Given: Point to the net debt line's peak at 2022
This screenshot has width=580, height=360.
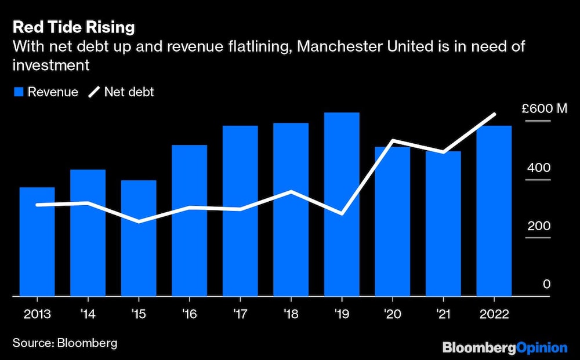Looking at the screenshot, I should coord(494,114).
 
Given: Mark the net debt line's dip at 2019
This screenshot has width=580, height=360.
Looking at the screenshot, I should coord(342,214).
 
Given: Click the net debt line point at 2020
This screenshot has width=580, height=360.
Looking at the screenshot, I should coord(393,141).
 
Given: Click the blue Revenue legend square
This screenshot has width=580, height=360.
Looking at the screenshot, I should coord(17,92).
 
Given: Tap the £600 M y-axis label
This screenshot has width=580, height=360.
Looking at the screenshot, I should coord(543,109).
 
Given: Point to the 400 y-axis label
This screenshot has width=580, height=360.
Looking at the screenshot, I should coord(539,168).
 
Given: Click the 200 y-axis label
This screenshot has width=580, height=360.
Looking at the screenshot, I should coord(539,226).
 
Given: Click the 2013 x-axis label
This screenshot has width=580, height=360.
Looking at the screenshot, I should coord(37,314).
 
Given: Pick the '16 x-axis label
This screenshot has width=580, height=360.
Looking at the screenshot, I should coord(189,314).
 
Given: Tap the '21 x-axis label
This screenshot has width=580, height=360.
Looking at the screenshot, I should coord(443,314).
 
